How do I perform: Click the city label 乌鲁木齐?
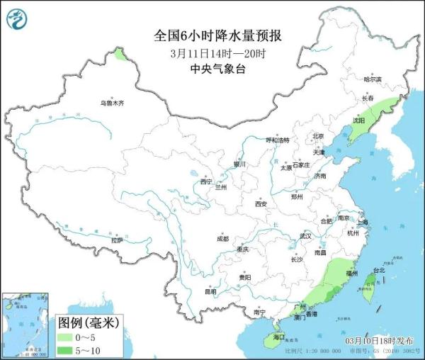point(111,103)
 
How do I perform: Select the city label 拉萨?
point(117,240)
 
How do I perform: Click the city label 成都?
point(223,238)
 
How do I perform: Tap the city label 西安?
point(261,204)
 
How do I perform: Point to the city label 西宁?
point(206,181)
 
